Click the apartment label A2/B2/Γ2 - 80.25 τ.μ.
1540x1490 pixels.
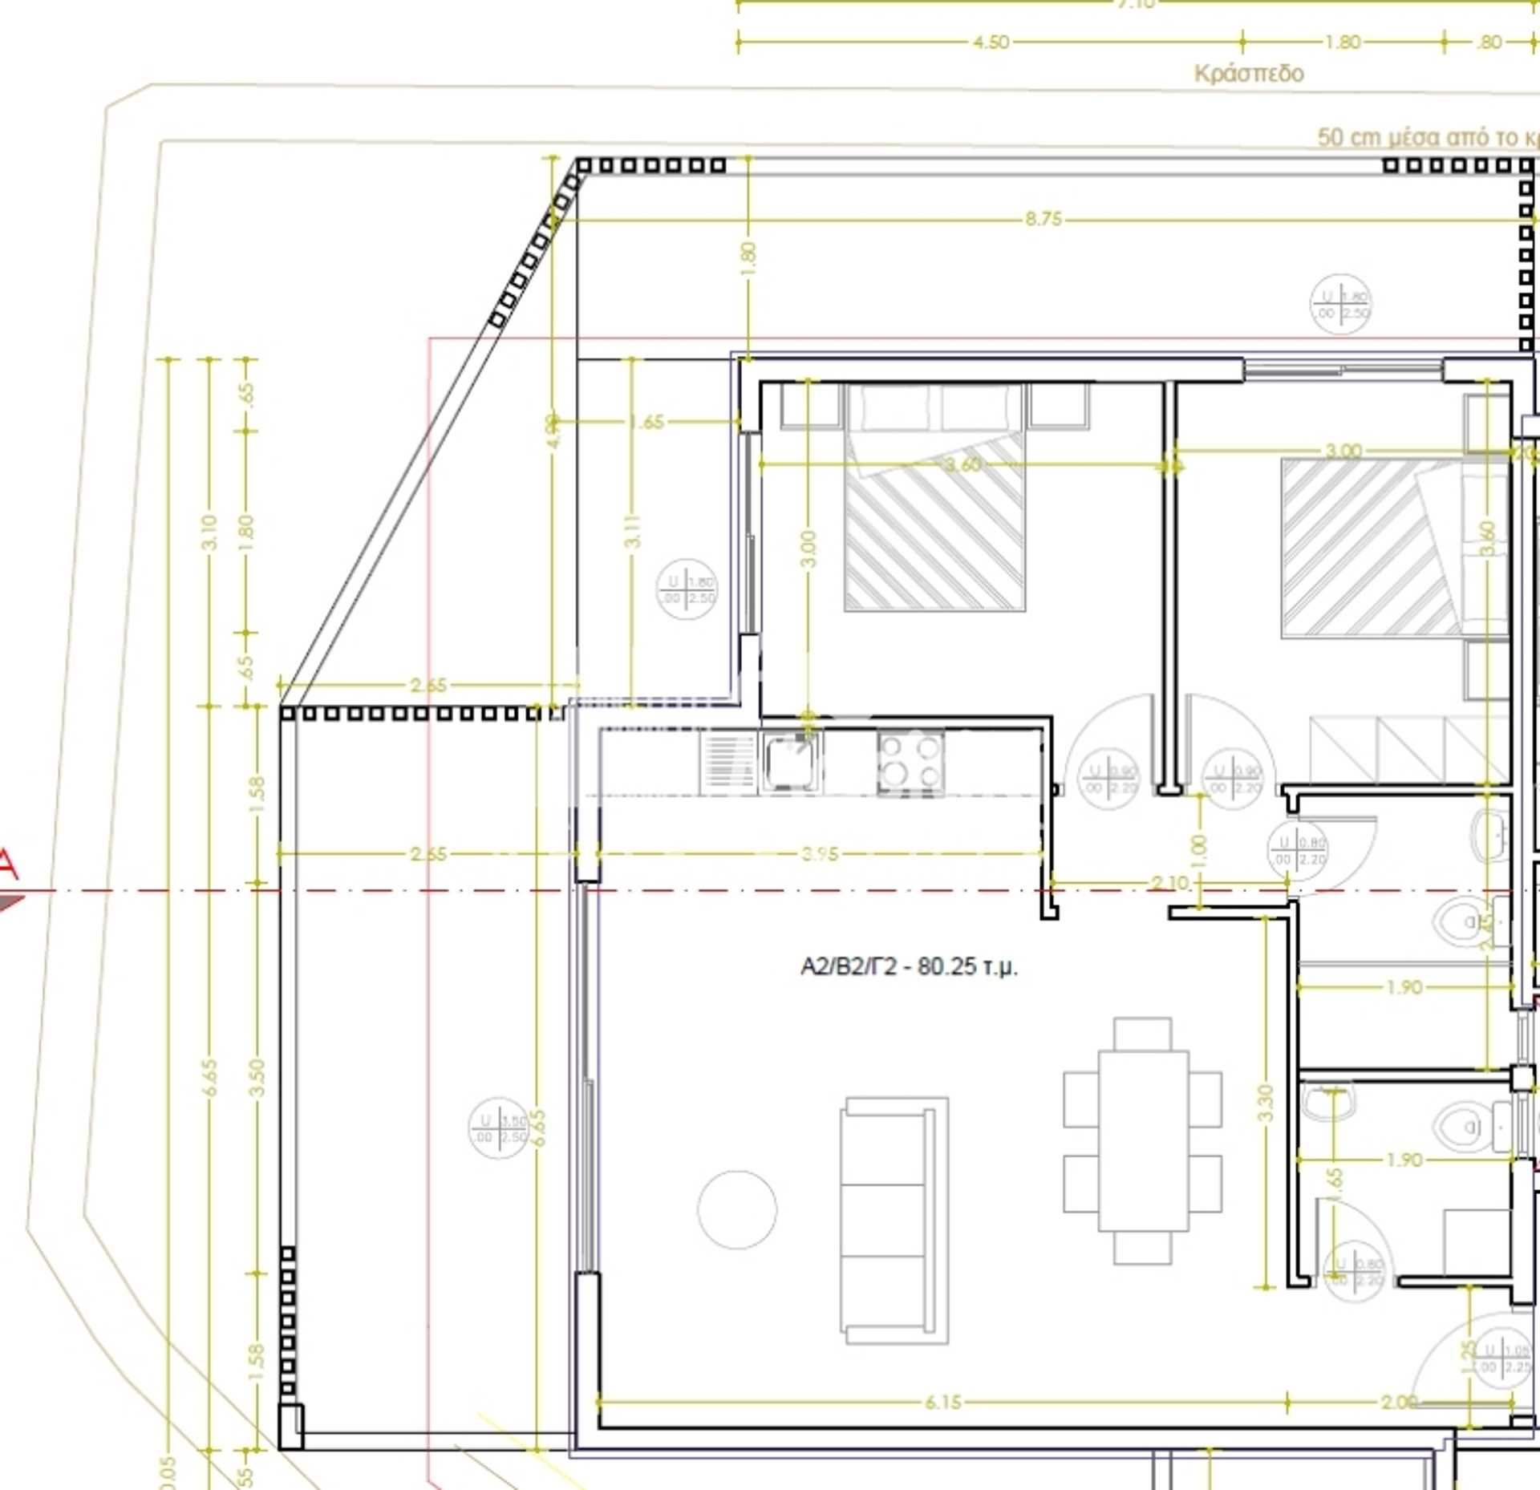[x=909, y=966]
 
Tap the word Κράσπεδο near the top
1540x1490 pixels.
[x=1249, y=74]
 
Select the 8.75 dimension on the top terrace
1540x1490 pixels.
[x=1043, y=219]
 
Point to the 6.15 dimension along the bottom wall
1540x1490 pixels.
[x=942, y=1403]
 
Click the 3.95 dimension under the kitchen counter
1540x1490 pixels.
[x=819, y=854]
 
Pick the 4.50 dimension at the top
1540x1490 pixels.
[x=991, y=42]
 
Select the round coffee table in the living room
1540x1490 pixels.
[x=737, y=1209]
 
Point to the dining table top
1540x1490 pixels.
[x=1142, y=1140]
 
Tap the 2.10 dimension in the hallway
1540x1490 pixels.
[x=1169, y=883]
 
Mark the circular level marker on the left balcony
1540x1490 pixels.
[x=498, y=1128]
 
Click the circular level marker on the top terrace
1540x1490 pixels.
[x=1340, y=305]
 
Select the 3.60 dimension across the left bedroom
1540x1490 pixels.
[x=962, y=464]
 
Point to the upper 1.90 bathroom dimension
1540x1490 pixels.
[x=1404, y=987]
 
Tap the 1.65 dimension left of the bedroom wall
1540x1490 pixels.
[x=646, y=421]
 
